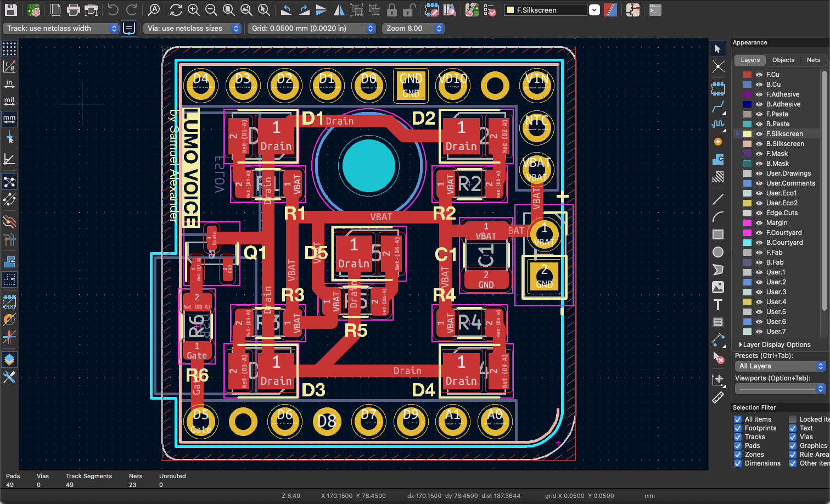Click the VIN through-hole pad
coord(537,86)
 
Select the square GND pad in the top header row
coord(411,86)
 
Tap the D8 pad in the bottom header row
coord(327,422)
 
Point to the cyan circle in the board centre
coord(369,165)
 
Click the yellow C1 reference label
coord(445,255)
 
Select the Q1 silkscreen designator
coord(255,253)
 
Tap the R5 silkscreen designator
coord(356,331)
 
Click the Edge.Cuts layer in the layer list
coord(782,213)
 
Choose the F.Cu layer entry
coord(772,75)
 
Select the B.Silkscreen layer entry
coord(785,144)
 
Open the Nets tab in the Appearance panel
coord(813,60)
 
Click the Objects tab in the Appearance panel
coord(783,60)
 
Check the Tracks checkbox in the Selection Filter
coord(738,437)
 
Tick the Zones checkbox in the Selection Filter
coord(738,455)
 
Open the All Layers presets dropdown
coord(780,366)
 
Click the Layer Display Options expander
coord(775,345)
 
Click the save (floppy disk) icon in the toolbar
coord(10,10)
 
